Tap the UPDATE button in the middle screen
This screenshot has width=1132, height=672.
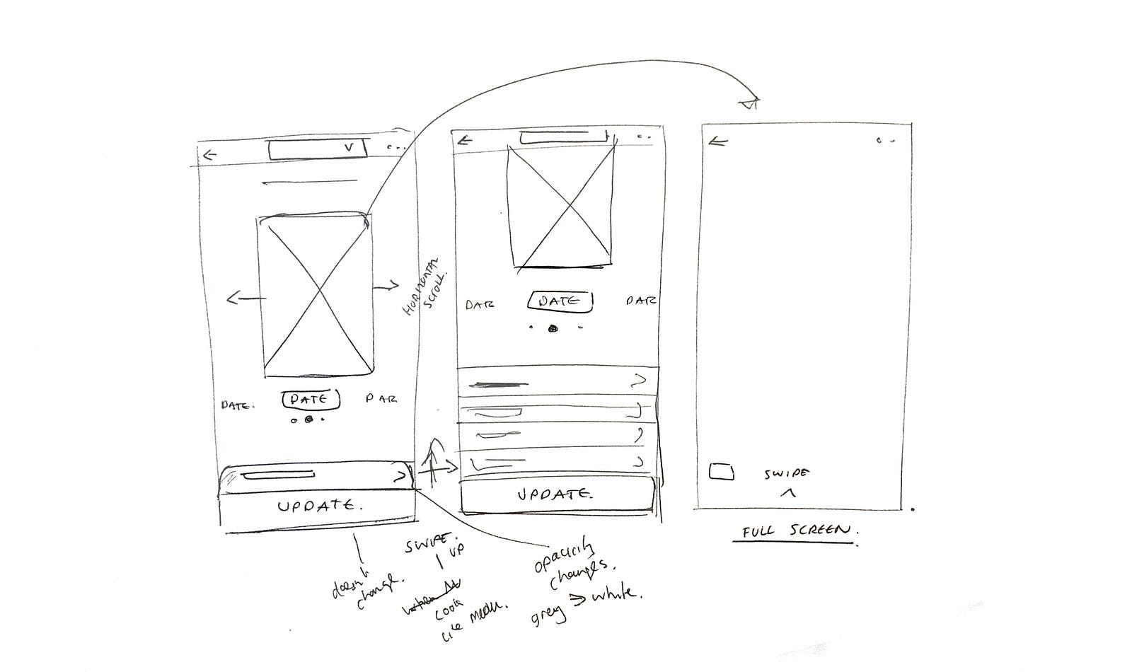click(555, 494)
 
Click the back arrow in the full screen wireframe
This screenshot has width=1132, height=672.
click(718, 142)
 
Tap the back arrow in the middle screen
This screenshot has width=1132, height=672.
click(464, 139)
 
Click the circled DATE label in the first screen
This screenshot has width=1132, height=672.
click(311, 400)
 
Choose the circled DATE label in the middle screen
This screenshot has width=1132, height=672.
click(560, 301)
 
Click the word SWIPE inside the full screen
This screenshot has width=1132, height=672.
click(787, 474)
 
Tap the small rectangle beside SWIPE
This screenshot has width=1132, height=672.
click(721, 472)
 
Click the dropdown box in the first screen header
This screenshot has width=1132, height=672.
click(316, 149)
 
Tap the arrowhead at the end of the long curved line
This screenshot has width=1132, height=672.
click(749, 103)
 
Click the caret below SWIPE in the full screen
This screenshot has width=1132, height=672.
click(788, 493)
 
